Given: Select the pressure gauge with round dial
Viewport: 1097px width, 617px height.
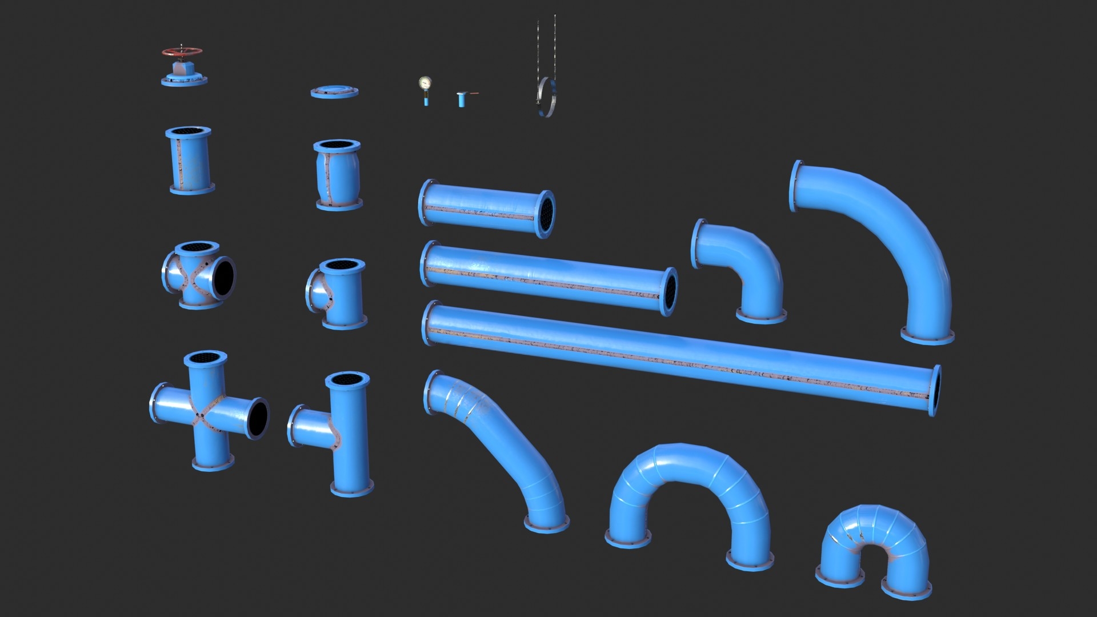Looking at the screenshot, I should point(425,84).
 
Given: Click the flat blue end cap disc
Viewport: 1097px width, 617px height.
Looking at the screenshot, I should point(334,91).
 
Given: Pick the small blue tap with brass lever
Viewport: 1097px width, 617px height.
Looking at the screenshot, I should point(462,99).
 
